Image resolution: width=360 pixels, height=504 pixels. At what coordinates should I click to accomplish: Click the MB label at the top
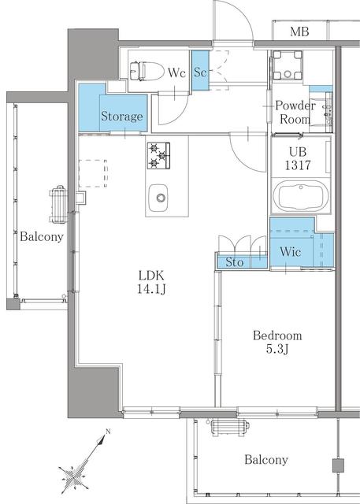click(x=299, y=32)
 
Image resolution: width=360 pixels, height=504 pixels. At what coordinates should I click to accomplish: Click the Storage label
click(x=122, y=117)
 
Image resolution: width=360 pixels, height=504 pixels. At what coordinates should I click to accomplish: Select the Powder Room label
click(x=295, y=113)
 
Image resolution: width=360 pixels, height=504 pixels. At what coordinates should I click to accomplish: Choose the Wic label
click(x=288, y=252)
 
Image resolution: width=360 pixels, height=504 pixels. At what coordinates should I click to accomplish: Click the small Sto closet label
click(x=234, y=262)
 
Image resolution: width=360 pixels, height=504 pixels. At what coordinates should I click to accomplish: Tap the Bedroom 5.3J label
click(x=276, y=343)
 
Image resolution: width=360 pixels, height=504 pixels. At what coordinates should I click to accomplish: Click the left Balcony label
click(x=41, y=236)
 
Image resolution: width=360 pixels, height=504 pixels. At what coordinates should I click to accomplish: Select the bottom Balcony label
click(x=265, y=460)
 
